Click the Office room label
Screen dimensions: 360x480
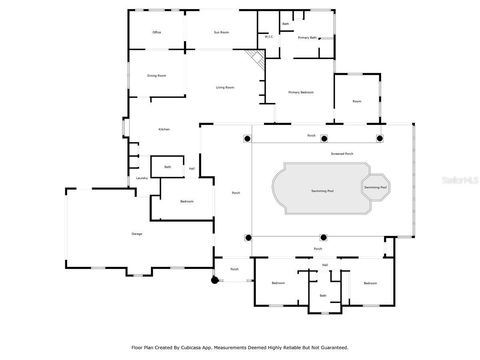156,33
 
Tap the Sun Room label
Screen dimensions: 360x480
219,33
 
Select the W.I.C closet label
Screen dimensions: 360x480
268,37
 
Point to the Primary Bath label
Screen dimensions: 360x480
307,37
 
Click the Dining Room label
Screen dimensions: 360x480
156,75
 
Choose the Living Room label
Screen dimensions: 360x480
226,88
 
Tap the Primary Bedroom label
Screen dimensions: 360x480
302,91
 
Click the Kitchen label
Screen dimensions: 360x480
164,130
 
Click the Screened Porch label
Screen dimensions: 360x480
344,154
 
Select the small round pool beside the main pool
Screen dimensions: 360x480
376,187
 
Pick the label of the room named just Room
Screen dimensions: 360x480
356,100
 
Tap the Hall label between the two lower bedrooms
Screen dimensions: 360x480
325,265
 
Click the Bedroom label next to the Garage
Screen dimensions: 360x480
186,202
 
